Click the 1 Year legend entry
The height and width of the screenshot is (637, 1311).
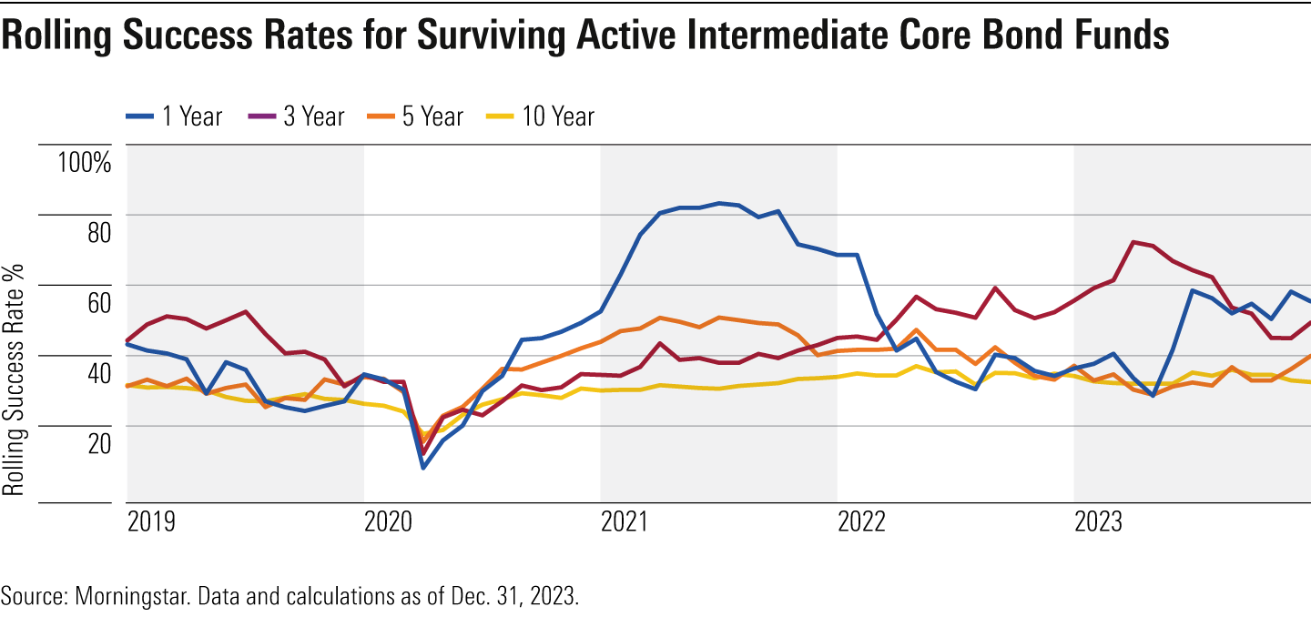(175, 116)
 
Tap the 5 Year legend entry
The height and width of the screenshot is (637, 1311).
(416, 116)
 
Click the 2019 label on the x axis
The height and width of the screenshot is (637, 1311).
(151, 523)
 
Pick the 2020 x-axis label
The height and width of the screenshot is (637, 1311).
(388, 523)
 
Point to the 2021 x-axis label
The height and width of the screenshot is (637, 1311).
(625, 523)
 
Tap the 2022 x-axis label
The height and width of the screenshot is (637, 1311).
(861, 523)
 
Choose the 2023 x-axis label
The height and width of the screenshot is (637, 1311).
(1098, 523)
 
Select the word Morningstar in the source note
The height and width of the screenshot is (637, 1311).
(124, 598)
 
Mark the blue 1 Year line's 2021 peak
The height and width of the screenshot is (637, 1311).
(719, 203)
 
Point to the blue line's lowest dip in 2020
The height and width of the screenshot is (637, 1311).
(422, 468)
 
